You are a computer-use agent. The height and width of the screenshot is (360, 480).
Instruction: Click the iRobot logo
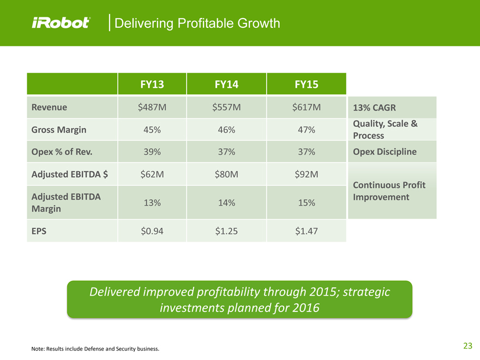click(61, 23)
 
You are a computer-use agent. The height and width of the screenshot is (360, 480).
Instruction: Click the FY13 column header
click(152, 85)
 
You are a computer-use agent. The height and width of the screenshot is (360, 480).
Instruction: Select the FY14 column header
click(226, 85)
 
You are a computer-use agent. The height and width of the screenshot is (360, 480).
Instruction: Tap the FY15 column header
click(306, 85)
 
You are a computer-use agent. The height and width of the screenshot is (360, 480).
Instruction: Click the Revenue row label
click(50, 107)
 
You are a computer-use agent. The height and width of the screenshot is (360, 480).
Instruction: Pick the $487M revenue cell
click(152, 107)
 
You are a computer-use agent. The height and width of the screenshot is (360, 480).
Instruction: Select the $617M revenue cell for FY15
click(306, 107)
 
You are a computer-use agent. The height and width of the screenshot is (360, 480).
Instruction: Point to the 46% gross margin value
click(226, 130)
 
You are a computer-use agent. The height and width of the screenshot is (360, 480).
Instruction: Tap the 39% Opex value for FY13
click(152, 152)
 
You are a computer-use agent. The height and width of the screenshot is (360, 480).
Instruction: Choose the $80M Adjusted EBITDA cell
click(226, 174)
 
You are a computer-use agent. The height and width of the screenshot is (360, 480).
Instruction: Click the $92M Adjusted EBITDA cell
click(306, 174)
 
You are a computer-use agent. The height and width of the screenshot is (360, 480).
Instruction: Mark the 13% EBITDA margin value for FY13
click(152, 202)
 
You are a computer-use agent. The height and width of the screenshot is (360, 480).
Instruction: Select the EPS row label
click(39, 231)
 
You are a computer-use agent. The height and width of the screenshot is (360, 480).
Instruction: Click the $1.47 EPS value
click(306, 231)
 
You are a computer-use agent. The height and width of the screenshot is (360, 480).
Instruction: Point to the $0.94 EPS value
click(152, 231)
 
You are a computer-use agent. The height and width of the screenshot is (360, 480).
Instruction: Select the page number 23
click(467, 345)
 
